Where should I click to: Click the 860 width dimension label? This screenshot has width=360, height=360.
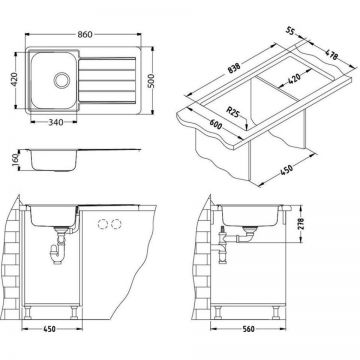coord(85,34)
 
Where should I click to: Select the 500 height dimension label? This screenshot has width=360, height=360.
coord(152,81)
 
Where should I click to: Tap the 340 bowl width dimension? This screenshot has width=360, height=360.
coord(56,122)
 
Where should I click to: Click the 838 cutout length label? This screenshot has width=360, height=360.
coord(234,68)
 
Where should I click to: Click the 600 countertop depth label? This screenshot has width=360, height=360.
coord(216,125)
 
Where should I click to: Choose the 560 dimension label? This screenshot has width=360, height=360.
coord(248,329)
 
